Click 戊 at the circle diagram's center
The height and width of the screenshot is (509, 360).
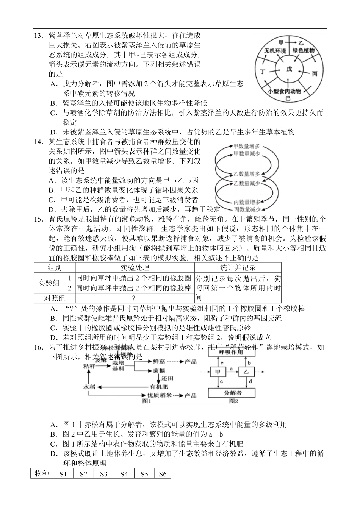pos(290,69)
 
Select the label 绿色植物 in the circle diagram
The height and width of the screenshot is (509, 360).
pos(304,51)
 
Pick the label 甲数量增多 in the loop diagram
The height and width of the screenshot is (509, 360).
pos(247,146)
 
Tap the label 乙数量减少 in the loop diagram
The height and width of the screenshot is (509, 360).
pos(247,183)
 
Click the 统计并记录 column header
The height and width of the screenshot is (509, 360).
pos(238,267)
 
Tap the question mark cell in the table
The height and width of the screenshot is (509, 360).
pos(134,298)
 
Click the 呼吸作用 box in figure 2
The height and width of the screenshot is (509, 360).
pos(231,352)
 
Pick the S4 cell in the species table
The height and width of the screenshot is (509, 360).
pos(124,474)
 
